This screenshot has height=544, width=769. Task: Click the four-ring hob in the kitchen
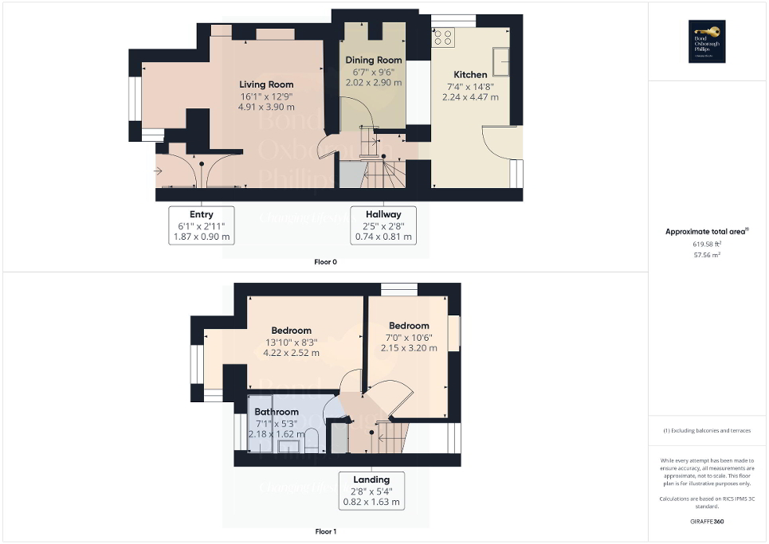[443, 37]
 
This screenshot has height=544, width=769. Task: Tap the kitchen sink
[502, 60]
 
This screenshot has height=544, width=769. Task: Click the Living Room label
[266, 84]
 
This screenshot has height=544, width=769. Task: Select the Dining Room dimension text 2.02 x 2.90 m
[372, 82]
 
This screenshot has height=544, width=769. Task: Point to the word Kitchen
[470, 74]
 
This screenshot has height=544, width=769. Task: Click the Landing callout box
[371, 491]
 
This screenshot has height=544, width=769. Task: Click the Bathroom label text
[277, 412]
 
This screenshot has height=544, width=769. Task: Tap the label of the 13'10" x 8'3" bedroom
[291, 331]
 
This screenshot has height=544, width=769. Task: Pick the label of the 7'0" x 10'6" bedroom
[409, 326]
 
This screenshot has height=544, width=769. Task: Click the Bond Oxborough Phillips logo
[704, 41]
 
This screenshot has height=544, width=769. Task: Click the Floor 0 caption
[324, 262]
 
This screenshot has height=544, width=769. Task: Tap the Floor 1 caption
[324, 531]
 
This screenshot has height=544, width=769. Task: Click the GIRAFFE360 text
[708, 522]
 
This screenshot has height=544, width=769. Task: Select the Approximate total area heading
[707, 232]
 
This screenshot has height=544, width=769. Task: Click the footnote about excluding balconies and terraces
[707, 431]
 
